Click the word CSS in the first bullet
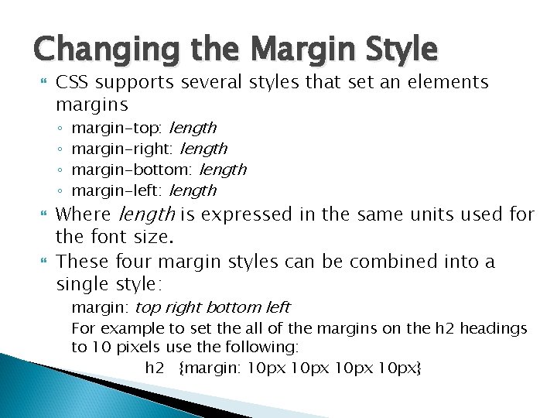(x=73, y=82)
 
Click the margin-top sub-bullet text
(x=143, y=127)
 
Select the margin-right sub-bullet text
(x=149, y=148)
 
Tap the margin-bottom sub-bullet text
(x=159, y=169)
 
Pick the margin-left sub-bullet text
(x=143, y=190)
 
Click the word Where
(x=85, y=214)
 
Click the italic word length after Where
(x=145, y=214)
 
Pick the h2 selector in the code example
(x=155, y=367)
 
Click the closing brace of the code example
(x=419, y=367)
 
